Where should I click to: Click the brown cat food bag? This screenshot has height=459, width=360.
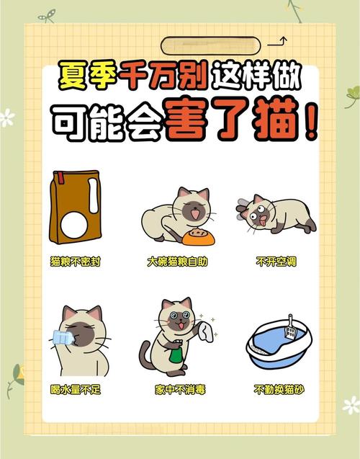[x=73, y=207]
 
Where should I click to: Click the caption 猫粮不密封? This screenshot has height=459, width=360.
[x=75, y=262]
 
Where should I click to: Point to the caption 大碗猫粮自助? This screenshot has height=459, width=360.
[x=177, y=262]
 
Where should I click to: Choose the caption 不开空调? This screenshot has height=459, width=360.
[x=276, y=262]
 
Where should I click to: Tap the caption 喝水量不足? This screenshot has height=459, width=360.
[x=75, y=390]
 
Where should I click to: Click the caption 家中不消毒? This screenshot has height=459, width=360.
[x=180, y=390]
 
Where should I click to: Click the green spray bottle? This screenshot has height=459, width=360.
[x=174, y=356]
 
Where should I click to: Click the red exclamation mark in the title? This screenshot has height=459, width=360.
[x=310, y=123]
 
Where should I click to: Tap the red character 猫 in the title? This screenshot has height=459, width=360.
[x=276, y=123]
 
